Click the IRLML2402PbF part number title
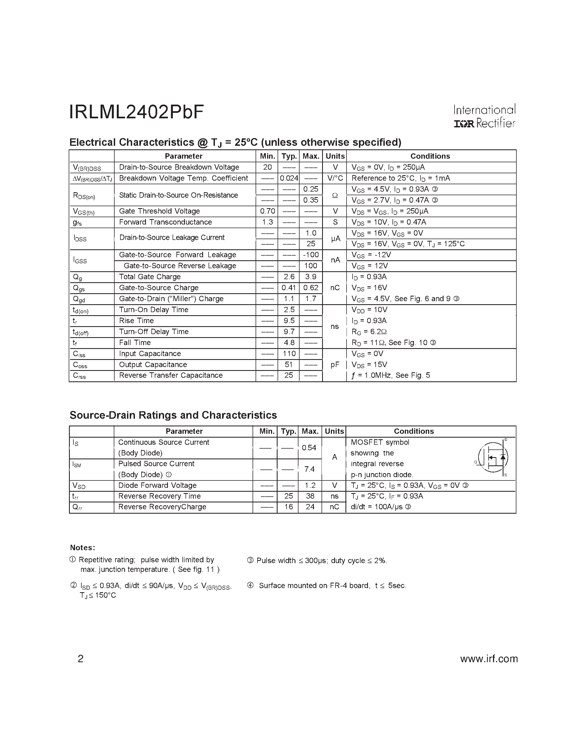coord(136,112)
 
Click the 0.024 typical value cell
coord(289,178)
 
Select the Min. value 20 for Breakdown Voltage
coord(267,167)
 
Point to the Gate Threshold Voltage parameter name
coord(159,211)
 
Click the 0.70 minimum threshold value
coord(267,211)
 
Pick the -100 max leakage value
coord(311,255)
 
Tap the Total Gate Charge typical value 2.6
coord(289,277)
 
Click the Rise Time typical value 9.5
coord(289,321)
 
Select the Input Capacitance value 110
coord(289,354)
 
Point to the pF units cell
coord(334,365)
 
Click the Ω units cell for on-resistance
coord(334,195)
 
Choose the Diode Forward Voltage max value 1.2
coord(310,485)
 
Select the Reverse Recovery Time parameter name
coord(159,496)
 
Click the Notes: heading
coord(82,548)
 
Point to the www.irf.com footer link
coord(489,659)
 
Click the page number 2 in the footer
coord(81,659)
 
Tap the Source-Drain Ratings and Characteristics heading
coord(173,415)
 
